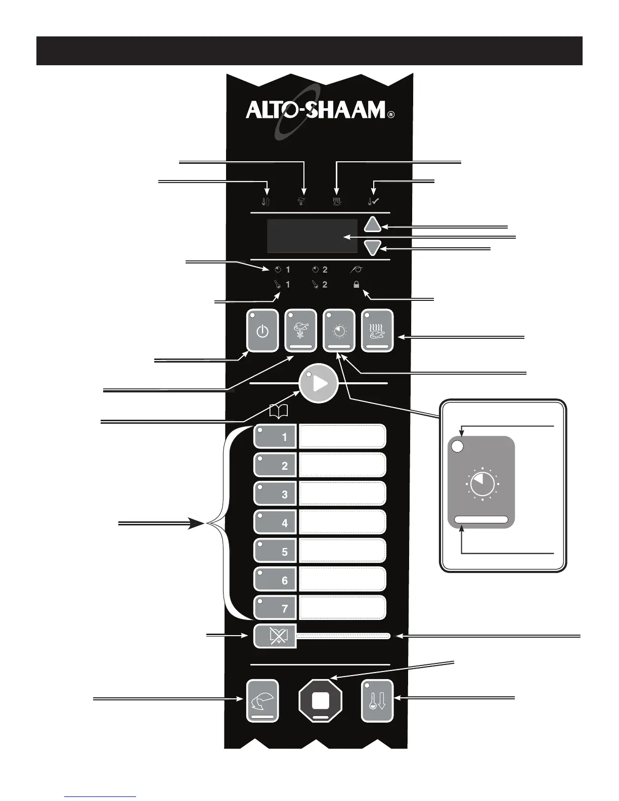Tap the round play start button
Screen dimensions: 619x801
[x=319, y=384]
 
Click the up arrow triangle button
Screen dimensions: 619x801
[x=373, y=225]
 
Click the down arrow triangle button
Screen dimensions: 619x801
[x=373, y=248]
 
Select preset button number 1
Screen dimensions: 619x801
[x=275, y=436]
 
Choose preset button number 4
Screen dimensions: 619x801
[x=275, y=522]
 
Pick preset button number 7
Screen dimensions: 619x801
[x=275, y=608]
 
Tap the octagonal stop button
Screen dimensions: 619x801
[x=321, y=700]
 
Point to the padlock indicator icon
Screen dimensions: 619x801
[x=357, y=285]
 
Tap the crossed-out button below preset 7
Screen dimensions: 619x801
[x=275, y=636]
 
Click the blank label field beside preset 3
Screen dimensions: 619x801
[x=342, y=494]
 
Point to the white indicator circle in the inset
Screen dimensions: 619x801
[x=457, y=447]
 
